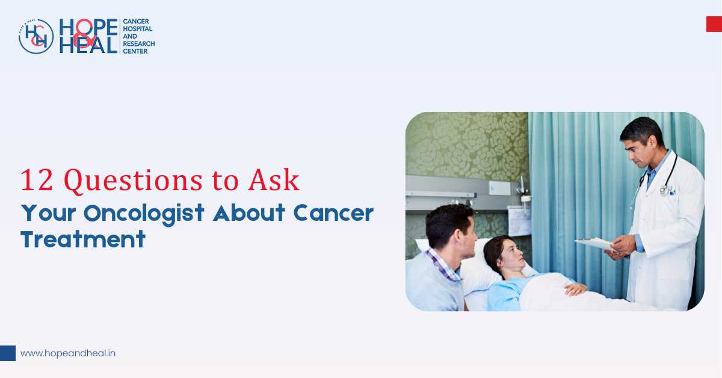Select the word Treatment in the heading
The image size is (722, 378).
[83, 240]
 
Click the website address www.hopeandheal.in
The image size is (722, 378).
[67, 353]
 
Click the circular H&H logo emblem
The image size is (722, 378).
[36, 37]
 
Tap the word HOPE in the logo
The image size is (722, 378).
[88, 28]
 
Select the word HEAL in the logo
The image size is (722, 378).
[88, 45]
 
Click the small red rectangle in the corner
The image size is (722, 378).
[714, 24]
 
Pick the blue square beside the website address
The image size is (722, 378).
[8, 353]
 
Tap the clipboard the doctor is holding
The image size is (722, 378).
[596, 243]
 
